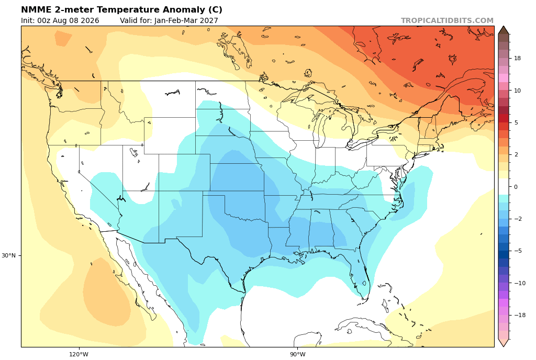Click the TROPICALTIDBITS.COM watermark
447,20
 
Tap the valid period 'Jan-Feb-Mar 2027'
186,20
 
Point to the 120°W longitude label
79,354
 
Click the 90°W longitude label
297,354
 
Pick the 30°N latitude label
8,255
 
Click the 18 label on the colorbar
517,59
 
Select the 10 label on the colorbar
517,91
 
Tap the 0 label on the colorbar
516,187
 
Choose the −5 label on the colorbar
518,251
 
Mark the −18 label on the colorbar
520,315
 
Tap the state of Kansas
237,177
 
